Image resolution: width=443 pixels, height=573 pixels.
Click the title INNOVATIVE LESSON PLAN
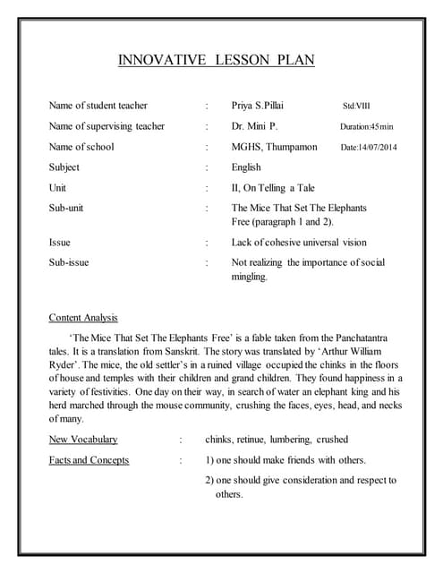coord(217,61)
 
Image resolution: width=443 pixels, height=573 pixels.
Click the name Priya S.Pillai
coord(258,106)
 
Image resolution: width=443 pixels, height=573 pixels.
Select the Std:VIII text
coord(356,106)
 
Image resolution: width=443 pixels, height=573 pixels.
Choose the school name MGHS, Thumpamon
coord(274,147)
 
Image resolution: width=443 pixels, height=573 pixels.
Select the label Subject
coord(64,167)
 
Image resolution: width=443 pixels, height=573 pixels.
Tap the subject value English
coord(246,167)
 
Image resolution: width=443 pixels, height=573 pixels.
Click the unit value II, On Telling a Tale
coord(273,188)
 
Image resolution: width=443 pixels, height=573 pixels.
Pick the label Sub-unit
coord(68,208)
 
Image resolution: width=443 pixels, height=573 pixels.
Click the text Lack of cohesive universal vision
coord(299,242)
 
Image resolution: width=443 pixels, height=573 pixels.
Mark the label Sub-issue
coord(69,262)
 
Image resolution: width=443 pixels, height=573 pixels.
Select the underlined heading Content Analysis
coord(83,318)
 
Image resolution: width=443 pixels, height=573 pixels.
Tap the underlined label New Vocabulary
coord(83,440)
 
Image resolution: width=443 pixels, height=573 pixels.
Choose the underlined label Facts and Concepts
coord(89,460)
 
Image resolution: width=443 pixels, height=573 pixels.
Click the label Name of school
coord(81,147)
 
